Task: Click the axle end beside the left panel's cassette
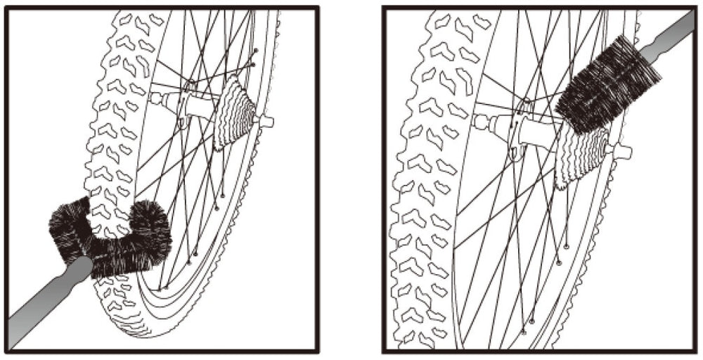[267, 122]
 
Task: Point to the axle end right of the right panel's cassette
[621, 151]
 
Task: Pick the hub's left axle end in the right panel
[481, 122]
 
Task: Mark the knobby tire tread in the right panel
[422, 176]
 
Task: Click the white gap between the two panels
[351, 180]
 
